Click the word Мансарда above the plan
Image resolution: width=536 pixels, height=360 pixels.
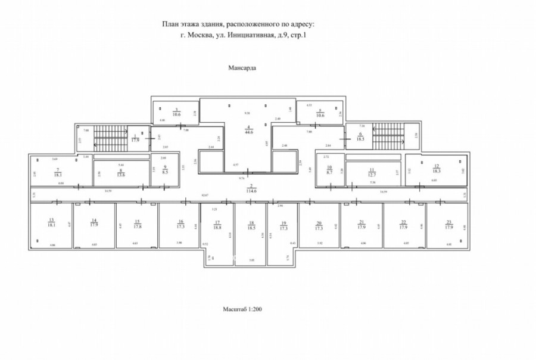pyautogui.click(x=242, y=69)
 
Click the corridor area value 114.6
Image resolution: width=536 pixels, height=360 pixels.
pyautogui.click(x=253, y=192)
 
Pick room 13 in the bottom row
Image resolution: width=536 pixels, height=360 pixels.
pyautogui.click(x=51, y=225)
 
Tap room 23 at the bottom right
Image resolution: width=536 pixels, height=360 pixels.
pyautogui.click(x=449, y=225)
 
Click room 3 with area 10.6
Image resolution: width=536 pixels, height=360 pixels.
pyautogui.click(x=176, y=112)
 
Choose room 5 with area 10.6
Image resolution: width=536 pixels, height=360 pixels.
pyautogui.click(x=320, y=113)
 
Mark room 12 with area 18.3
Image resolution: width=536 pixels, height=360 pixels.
pyautogui.click(x=437, y=169)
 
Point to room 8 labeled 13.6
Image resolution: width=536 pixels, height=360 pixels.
pyautogui.click(x=121, y=173)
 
